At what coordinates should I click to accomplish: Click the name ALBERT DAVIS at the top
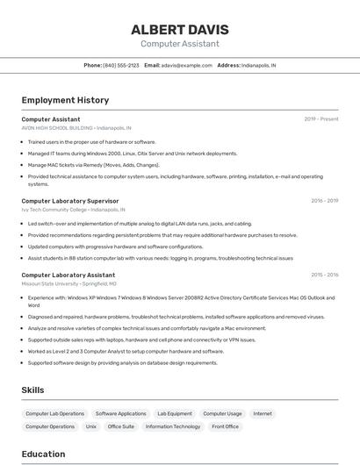point(180,29)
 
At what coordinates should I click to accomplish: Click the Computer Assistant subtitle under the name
point(180,44)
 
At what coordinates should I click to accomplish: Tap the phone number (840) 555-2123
point(121,65)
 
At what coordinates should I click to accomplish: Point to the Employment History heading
point(65,100)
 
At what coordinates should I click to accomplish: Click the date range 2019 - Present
point(321,118)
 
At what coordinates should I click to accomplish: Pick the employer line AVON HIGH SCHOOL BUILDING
point(76,127)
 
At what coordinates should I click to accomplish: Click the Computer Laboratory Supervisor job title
point(69,201)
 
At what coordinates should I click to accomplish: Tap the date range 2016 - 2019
point(324,201)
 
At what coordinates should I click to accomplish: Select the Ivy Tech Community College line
point(73,210)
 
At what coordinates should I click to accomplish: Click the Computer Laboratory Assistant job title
point(68,275)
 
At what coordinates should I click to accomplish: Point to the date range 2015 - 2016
point(324,275)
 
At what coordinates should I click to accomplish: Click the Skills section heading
point(33,390)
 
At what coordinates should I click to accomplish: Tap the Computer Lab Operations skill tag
point(55,413)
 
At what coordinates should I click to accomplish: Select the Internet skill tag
point(263,413)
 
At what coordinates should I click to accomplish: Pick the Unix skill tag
point(91,426)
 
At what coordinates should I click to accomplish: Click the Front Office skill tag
point(226,426)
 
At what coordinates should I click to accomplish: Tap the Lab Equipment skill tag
point(175,413)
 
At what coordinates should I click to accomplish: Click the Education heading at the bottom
point(43,454)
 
